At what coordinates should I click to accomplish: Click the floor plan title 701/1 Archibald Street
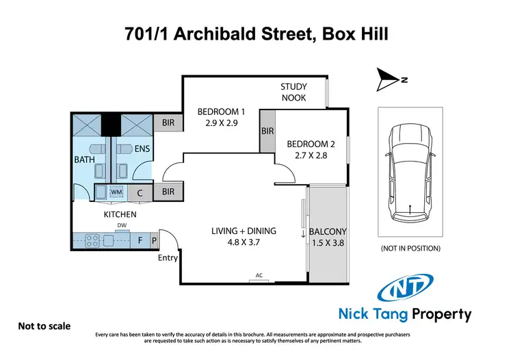256,32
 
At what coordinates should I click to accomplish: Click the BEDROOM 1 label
221,117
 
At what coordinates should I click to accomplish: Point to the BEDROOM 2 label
311,150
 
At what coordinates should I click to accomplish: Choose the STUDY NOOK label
293,92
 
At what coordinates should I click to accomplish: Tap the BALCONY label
328,237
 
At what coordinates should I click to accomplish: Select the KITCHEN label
120,214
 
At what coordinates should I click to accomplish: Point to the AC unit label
259,276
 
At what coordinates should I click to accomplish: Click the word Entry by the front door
167,258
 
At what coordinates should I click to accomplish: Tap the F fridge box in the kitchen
140,241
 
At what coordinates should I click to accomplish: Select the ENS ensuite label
142,149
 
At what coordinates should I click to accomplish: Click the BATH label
85,159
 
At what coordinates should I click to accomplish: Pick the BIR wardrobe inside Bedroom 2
267,131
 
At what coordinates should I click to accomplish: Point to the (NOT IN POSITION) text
410,248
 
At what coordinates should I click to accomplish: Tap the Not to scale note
44,327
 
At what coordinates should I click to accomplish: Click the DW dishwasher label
122,225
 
